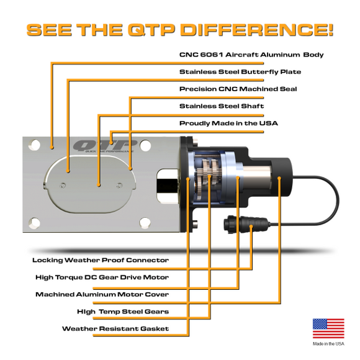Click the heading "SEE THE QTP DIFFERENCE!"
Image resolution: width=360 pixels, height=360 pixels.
(180, 29)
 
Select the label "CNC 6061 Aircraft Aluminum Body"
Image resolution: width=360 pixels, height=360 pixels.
(251, 55)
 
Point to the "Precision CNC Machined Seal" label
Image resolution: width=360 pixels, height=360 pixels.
(238, 89)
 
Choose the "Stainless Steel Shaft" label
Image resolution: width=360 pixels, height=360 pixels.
(222, 106)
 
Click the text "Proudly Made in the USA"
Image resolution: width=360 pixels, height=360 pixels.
(228, 123)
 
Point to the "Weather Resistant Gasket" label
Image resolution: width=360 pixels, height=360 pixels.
(115, 328)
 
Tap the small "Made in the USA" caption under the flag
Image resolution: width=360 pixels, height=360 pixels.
(328, 343)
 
